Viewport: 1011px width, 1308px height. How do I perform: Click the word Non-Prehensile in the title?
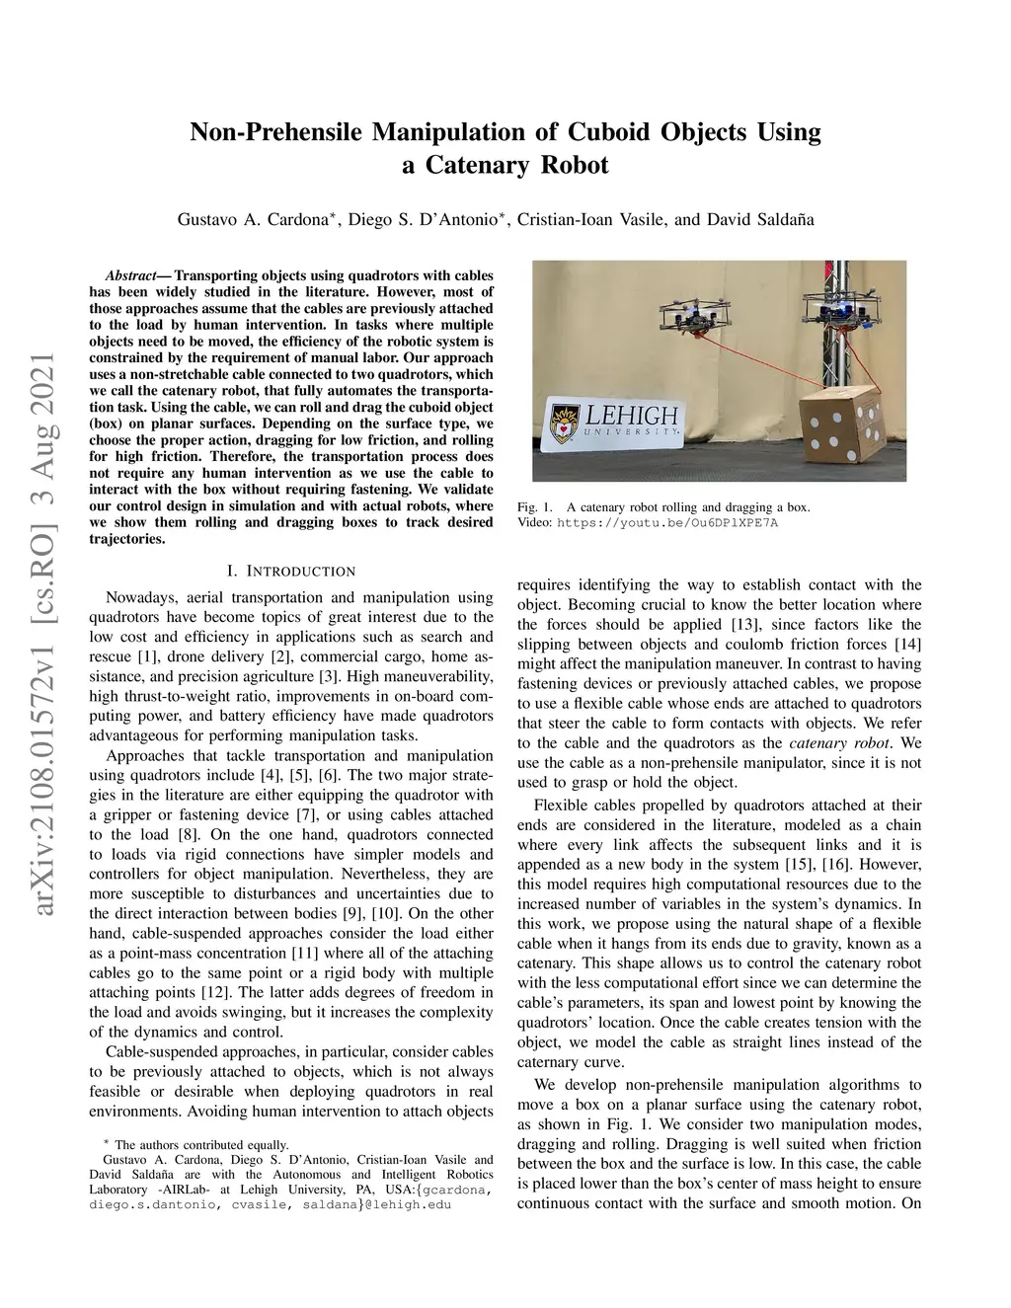(278, 132)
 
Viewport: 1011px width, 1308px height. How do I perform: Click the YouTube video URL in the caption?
(667, 522)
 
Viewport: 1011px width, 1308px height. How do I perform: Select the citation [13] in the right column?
(743, 625)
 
